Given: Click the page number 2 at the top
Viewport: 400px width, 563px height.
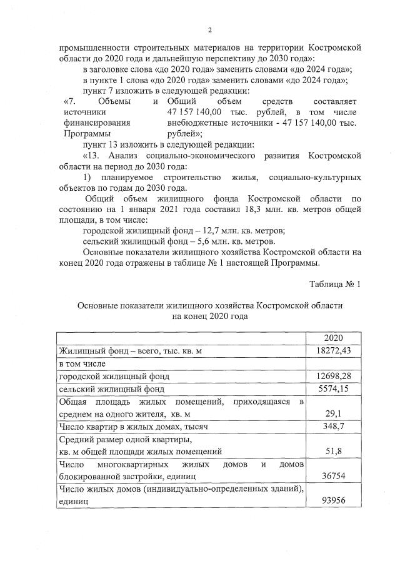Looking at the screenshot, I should pos(210,30).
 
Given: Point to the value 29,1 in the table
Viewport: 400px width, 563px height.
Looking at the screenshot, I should pos(333,413).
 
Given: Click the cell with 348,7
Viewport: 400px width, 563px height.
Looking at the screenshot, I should pos(333,427).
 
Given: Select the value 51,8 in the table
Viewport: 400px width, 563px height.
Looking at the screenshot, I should pos(333,451).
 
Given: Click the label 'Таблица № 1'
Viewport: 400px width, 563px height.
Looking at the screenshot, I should pos(335,285).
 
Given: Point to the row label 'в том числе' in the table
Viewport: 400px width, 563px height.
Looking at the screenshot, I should pos(82,363).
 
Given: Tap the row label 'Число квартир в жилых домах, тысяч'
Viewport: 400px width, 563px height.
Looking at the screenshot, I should pos(132,427).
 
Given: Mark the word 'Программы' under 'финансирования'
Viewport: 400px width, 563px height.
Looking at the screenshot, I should pos(87,134).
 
